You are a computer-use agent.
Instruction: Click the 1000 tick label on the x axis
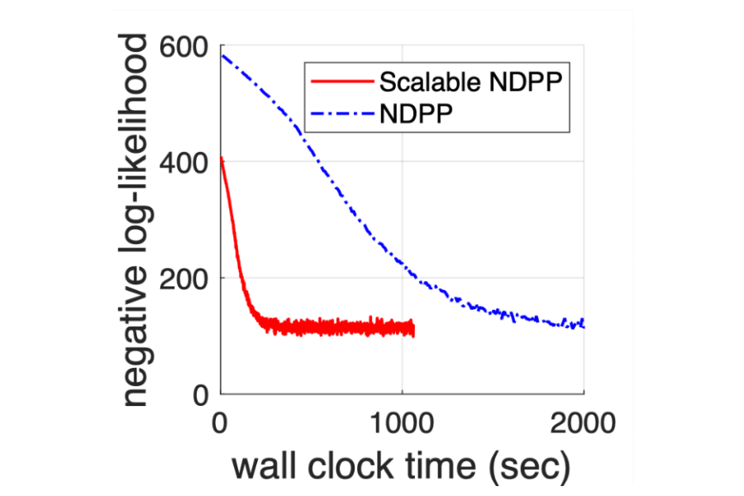click(402, 426)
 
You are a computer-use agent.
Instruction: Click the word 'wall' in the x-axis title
click(261, 467)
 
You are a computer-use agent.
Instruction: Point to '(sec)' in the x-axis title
click(530, 468)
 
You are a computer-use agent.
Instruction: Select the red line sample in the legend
click(341, 82)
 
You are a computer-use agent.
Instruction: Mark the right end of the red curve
click(413, 330)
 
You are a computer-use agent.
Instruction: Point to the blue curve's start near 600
click(222, 55)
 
